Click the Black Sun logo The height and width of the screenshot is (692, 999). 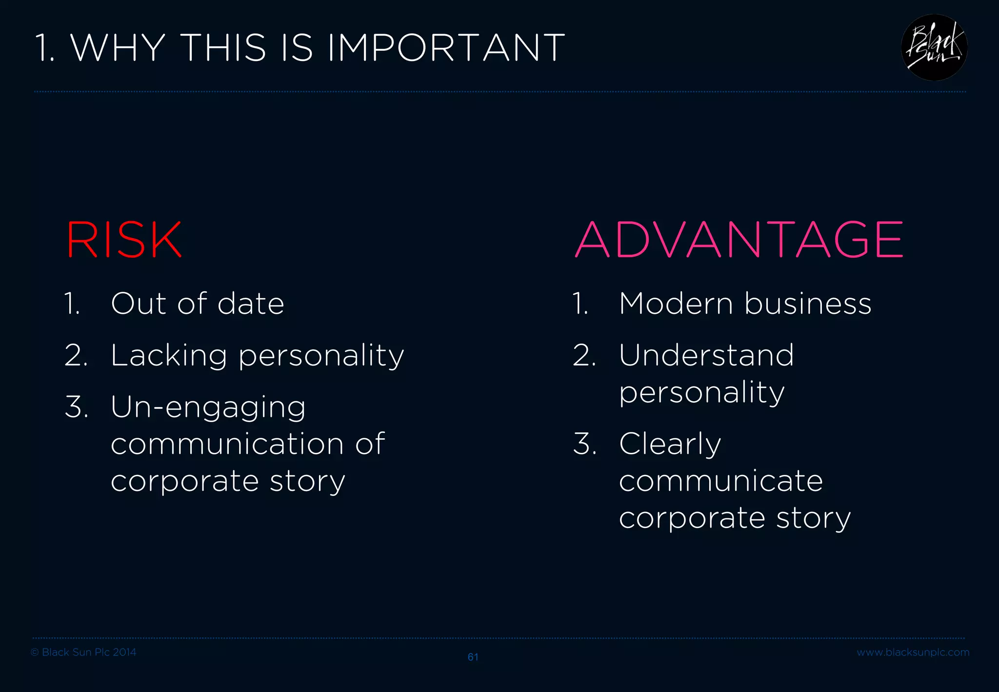(934, 47)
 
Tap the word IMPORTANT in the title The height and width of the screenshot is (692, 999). (446, 48)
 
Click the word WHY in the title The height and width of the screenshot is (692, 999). (119, 48)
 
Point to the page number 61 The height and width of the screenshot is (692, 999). (473, 657)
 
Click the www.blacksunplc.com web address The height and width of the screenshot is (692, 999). (913, 652)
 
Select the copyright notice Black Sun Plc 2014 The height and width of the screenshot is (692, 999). (83, 652)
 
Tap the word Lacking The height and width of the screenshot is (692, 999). (168, 355)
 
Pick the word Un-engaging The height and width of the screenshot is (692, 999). (208, 407)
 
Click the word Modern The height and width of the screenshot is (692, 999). (676, 304)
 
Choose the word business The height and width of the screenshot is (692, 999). (808, 304)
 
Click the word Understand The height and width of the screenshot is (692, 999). (706, 355)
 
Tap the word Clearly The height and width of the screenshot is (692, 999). (670, 445)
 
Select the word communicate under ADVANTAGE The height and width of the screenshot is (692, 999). (721, 481)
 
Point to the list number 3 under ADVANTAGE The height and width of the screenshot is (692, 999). (584, 444)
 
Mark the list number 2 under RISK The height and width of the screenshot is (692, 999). (76, 355)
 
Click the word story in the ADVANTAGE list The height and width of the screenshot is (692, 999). (813, 518)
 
